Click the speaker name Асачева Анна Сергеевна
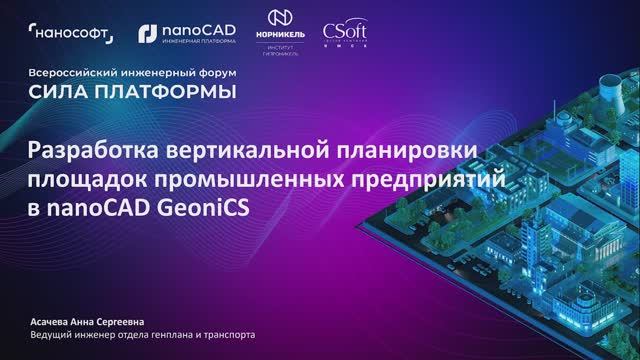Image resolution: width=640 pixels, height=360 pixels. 88,321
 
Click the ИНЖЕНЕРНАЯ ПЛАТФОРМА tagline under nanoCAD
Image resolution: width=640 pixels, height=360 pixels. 194,42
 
